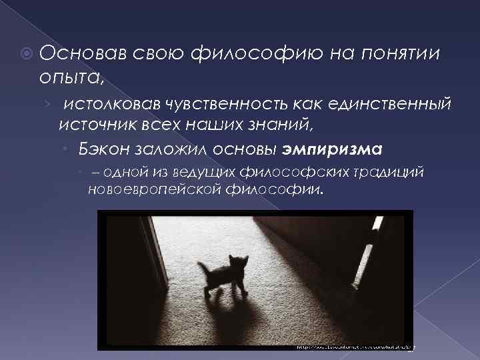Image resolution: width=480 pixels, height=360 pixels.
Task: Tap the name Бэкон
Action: pos(101,147)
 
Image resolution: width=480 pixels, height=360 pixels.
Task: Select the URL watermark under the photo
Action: pos(353,347)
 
